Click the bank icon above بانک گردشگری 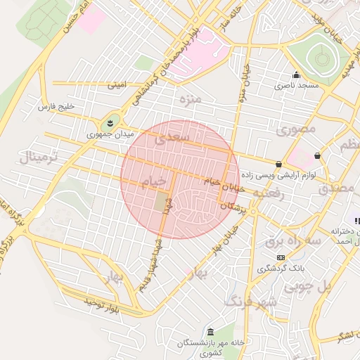coord(281,257)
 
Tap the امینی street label coord(117,85)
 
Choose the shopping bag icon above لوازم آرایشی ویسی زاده coord(279,165)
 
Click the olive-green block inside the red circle coord(162,202)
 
